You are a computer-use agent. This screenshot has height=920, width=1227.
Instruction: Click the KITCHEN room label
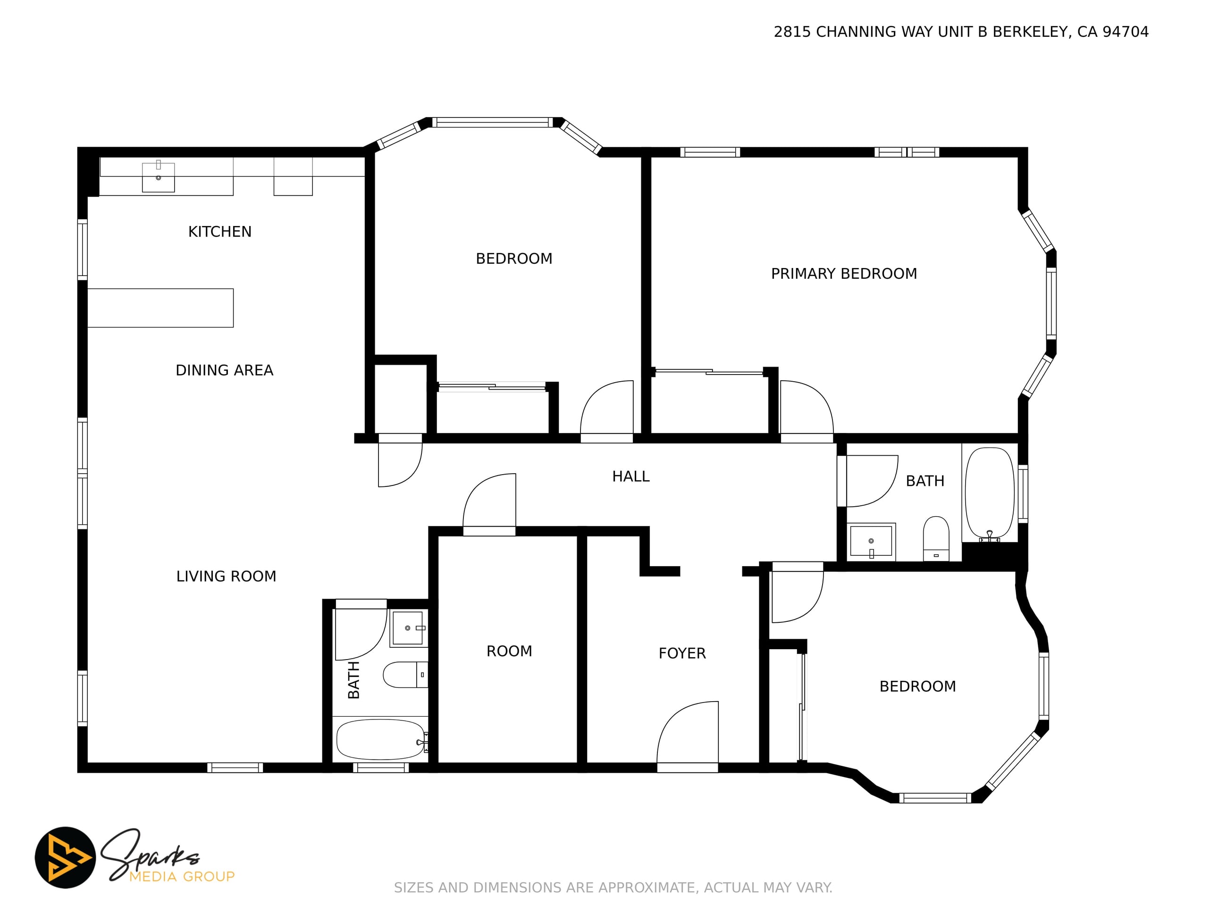(x=219, y=232)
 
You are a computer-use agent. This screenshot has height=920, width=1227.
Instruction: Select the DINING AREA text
(x=224, y=370)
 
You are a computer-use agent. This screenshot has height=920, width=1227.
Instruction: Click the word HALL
(x=630, y=477)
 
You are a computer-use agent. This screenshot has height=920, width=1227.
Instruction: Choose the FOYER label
(x=682, y=654)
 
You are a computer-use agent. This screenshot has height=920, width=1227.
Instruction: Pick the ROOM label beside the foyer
(x=509, y=652)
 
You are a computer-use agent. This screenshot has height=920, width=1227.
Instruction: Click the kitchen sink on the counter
(x=159, y=177)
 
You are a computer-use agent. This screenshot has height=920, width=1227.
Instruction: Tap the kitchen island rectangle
(x=160, y=308)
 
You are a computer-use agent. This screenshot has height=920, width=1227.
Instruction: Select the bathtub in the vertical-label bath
(x=381, y=740)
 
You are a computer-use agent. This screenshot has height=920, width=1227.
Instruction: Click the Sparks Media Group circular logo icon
(x=66, y=857)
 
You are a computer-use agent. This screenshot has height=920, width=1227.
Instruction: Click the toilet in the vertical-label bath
(x=405, y=675)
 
